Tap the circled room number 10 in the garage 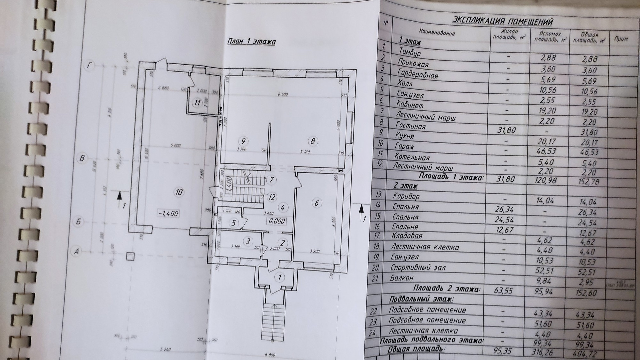[x=179, y=192]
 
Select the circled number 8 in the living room [x=313, y=141]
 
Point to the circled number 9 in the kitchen [x=245, y=141]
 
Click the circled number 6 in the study [x=316, y=203]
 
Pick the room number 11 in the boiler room [x=198, y=103]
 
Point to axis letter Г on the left [x=89, y=66]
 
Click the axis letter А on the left [x=77, y=252]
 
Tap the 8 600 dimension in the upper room [x=282, y=95]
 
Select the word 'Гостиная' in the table [x=411, y=126]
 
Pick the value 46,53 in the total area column [x=589, y=152]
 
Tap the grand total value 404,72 [x=585, y=354]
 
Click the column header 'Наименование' [x=437, y=33]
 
